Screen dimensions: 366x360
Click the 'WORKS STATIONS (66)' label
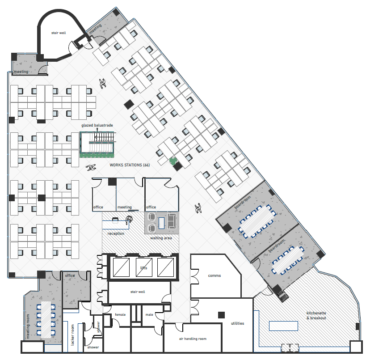coord(130,165)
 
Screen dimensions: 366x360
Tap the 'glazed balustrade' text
coord(97,125)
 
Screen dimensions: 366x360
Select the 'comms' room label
coord(214,275)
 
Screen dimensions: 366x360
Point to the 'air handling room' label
coord(193,339)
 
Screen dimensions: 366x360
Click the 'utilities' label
coord(237,323)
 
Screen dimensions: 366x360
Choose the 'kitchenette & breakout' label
coord(316,315)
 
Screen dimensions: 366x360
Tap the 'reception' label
coord(116,233)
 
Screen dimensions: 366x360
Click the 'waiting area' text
coord(161,238)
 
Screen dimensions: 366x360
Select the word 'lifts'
coord(143,268)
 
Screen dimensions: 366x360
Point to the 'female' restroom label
coord(120,315)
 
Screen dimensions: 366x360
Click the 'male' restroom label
coord(149,315)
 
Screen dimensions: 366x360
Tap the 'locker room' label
coord(72,335)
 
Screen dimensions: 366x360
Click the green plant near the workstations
coord(173,161)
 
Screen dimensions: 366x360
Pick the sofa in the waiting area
coord(172,221)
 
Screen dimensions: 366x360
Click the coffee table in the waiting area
coord(161,223)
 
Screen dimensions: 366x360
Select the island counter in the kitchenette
coord(283,326)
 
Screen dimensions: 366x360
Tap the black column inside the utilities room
coord(221,315)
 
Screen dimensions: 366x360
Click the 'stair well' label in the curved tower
coord(59,33)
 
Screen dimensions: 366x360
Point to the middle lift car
coord(144,267)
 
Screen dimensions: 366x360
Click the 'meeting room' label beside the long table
coord(28,326)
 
